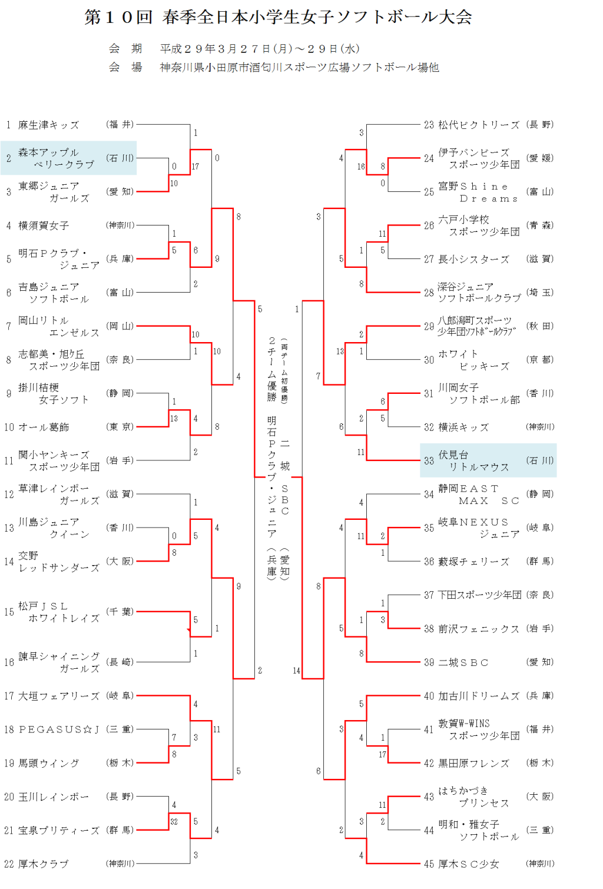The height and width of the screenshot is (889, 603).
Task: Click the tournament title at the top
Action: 278,17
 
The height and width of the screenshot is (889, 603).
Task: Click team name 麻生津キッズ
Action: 48,125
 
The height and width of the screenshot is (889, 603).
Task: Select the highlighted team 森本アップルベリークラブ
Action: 68,158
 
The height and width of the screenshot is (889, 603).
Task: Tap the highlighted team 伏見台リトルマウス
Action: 488,460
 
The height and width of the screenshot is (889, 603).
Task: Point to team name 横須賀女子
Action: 44,225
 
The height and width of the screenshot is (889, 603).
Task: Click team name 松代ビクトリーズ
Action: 479,125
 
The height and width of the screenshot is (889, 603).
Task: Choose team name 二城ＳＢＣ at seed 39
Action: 463,662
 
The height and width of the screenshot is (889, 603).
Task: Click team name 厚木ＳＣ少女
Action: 469,864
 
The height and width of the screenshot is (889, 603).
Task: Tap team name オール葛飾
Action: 44,427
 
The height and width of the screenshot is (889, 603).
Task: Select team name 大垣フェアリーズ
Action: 58,696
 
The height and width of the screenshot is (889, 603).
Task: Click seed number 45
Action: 429,864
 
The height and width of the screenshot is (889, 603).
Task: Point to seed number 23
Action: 429,125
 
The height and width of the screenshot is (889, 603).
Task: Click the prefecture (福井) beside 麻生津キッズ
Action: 120,125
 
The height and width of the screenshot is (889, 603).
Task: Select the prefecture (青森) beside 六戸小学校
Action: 540,225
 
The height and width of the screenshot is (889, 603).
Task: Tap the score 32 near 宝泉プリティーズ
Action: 174,822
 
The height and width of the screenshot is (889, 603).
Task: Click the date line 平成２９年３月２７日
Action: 260,49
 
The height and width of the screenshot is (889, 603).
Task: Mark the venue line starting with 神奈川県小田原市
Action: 299,68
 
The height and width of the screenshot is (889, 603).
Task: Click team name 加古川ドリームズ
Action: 479,696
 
